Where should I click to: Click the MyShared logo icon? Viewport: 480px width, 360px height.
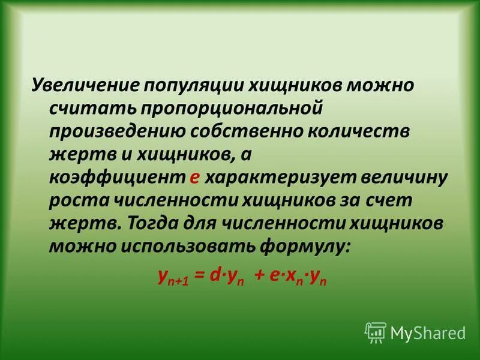pos(375,331)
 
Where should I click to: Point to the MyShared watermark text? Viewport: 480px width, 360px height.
pos(427,332)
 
